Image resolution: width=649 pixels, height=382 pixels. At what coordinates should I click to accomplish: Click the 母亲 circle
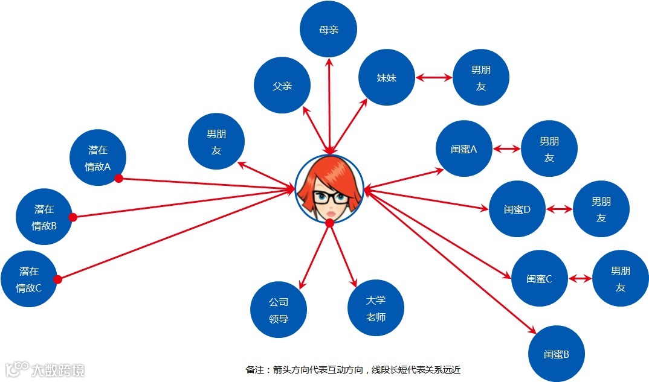tap(329, 29)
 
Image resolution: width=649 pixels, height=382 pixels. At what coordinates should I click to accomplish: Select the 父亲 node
tap(282, 86)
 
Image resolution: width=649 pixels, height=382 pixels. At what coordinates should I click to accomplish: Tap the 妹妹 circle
tap(386, 77)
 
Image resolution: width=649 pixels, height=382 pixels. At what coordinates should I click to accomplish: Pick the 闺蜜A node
tap(464, 148)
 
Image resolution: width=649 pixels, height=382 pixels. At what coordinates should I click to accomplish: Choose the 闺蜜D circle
tap(517, 209)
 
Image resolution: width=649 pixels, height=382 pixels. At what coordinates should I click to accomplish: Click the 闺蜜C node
tap(540, 278)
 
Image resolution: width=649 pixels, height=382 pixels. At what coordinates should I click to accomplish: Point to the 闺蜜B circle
tap(557, 354)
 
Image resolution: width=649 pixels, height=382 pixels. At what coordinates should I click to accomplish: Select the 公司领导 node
tap(279, 310)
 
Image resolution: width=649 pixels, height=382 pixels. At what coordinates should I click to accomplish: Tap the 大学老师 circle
tap(375, 308)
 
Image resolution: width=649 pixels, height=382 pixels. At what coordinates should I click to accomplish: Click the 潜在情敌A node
tap(98, 158)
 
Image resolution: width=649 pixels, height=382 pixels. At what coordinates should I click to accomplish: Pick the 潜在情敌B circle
tap(44, 217)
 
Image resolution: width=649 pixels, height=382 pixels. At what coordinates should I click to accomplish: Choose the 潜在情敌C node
tap(28, 279)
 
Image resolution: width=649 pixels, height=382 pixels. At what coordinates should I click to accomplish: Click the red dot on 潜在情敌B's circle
tap(73, 217)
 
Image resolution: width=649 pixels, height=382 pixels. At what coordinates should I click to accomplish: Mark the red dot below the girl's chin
tap(329, 224)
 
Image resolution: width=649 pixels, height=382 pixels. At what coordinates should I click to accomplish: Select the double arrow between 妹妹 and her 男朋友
tap(434, 77)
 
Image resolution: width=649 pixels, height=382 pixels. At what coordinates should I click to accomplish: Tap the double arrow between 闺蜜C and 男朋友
tap(580, 278)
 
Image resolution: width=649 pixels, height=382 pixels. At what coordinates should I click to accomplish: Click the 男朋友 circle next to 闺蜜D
tap(601, 209)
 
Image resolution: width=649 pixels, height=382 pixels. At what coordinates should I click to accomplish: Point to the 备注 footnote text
tap(354, 369)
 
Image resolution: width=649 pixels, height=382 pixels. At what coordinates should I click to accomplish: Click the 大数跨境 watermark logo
tap(45, 369)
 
